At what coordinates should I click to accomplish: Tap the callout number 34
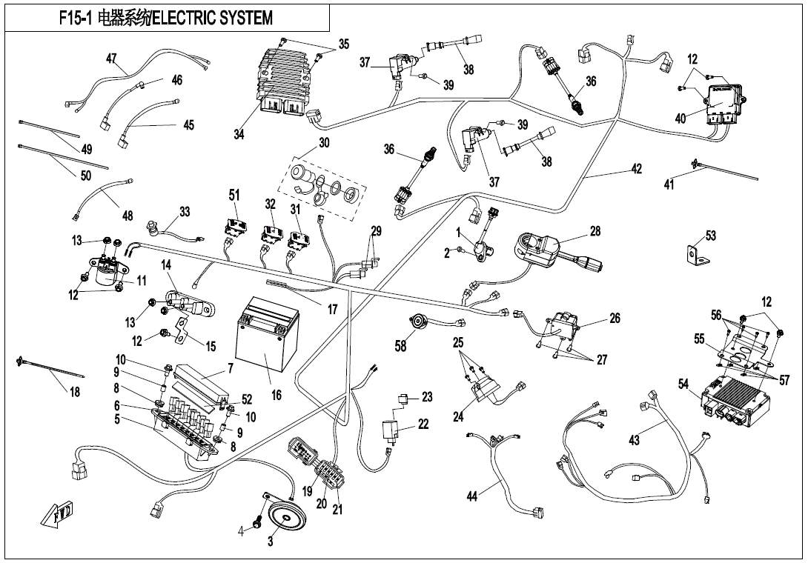click(x=239, y=134)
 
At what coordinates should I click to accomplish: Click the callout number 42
click(x=636, y=168)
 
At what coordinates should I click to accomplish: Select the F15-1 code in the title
click(x=75, y=18)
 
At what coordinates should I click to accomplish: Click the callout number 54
click(x=683, y=383)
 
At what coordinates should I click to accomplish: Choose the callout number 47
click(x=111, y=59)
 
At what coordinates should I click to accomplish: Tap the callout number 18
click(x=74, y=392)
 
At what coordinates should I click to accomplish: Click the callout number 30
click(x=324, y=143)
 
